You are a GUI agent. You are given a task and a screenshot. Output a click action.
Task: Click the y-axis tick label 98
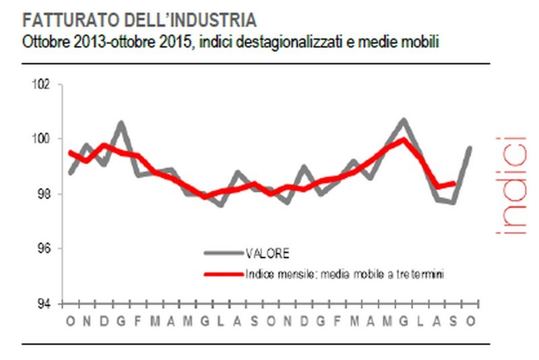point(44,194)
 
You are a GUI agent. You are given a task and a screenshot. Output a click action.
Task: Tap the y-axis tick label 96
point(44,249)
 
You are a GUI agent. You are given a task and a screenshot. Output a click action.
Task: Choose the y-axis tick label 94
point(44,303)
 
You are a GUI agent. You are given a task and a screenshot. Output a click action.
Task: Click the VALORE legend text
point(269,254)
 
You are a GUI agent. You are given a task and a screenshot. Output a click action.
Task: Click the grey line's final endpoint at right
point(470,147)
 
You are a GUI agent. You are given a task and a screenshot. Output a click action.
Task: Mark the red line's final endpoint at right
point(455,183)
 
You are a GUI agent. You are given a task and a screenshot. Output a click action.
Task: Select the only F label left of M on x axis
point(137,321)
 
